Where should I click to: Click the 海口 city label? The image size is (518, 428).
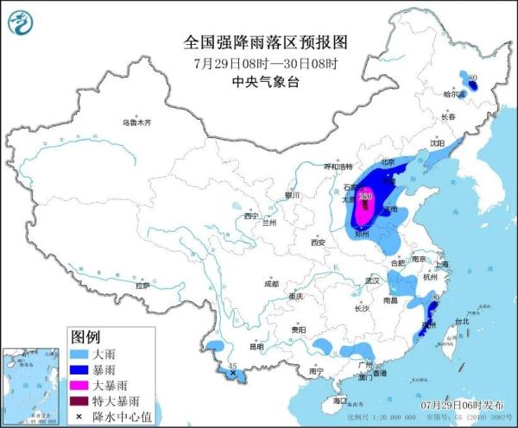339,400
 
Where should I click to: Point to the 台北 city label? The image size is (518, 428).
462,321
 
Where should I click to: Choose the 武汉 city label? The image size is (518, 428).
373,280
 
